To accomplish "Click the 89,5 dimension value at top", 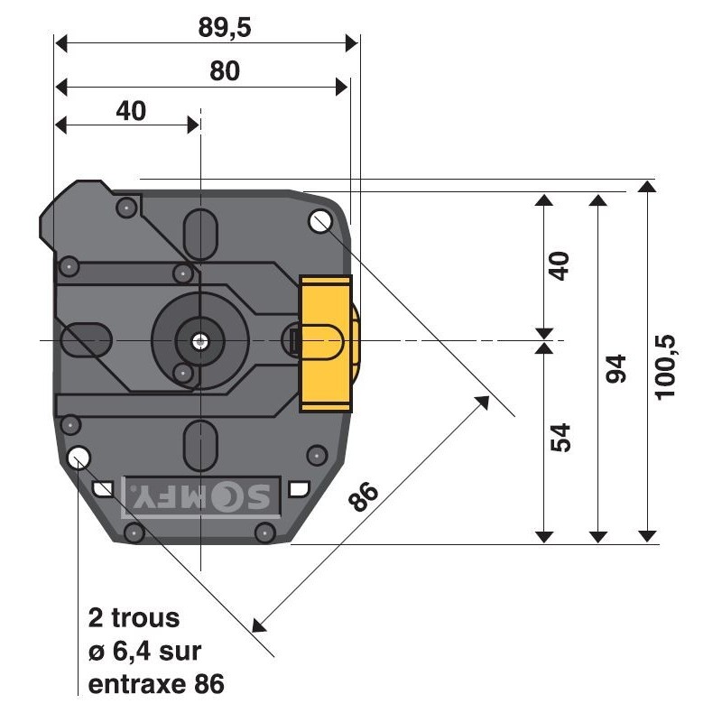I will tap(225, 27).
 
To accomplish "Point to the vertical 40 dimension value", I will tap(560, 266).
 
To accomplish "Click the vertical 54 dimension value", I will tap(560, 438).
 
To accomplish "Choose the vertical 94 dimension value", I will tap(616, 368).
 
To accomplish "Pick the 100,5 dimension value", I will tap(668, 366).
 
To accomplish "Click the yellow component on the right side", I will tap(326, 343).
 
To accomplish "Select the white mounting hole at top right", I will tap(319, 219).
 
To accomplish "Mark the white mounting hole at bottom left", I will tap(79, 456).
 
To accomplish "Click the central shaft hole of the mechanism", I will tap(200, 341).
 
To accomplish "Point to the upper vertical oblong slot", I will tap(200, 236).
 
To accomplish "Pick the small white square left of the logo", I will tap(104, 489).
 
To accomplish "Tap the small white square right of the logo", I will tap(298, 489).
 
